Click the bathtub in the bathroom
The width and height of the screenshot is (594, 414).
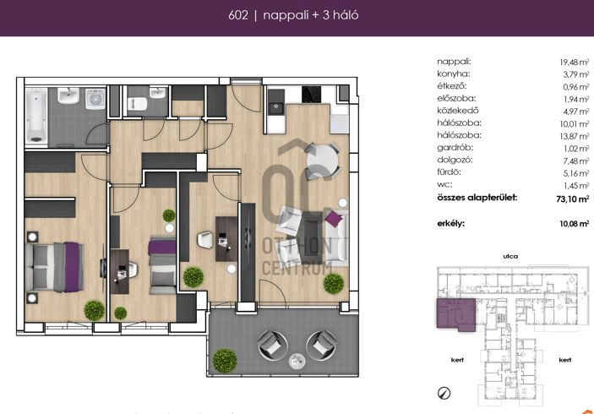pyautogui.click(x=36, y=115)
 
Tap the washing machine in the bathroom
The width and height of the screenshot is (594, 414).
pyautogui.click(x=95, y=99)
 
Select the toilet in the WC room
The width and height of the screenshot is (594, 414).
pyautogui.click(x=138, y=104)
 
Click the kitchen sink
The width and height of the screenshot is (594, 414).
pyautogui.click(x=275, y=108)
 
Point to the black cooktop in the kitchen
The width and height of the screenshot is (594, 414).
pyautogui.click(x=312, y=95)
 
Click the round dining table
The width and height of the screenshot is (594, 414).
pyautogui.click(x=322, y=160)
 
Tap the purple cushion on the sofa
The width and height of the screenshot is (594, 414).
pyautogui.click(x=334, y=219)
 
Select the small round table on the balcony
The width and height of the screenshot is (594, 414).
pyautogui.click(x=297, y=361)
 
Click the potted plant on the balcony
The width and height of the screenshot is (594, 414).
pyautogui.click(x=225, y=360)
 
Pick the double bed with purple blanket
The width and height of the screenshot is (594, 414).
pyautogui.click(x=54, y=267)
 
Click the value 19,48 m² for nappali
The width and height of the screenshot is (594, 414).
pyautogui.click(x=575, y=63)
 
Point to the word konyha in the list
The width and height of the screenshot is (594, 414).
pyautogui.click(x=454, y=74)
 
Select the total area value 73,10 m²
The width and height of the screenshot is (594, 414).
pyautogui.click(x=572, y=199)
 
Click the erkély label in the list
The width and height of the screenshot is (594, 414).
pyautogui.click(x=451, y=224)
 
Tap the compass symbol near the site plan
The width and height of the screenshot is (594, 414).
pyautogui.click(x=444, y=393)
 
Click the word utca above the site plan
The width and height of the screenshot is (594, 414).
pyautogui.click(x=510, y=257)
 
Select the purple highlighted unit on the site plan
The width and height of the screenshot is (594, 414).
pyautogui.click(x=456, y=314)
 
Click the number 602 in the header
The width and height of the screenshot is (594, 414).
pyautogui.click(x=238, y=15)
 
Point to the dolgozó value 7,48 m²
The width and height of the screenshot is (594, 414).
pyautogui.click(x=575, y=161)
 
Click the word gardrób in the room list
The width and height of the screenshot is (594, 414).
pyautogui.click(x=455, y=148)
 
